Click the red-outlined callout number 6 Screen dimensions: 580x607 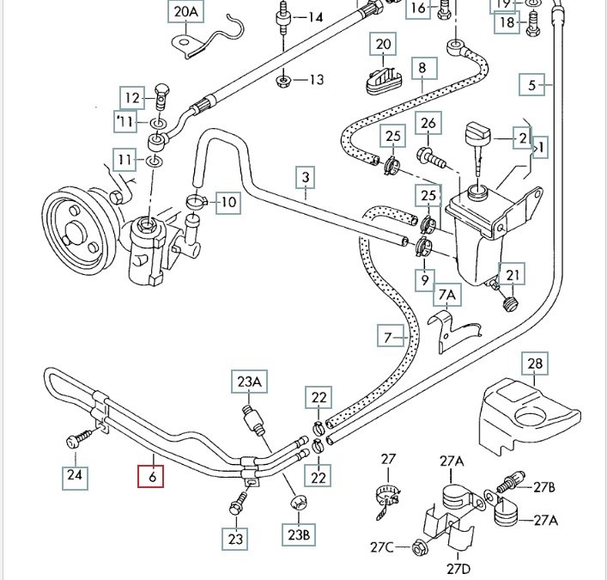click(x=152, y=475)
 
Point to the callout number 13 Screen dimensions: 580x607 click(x=316, y=80)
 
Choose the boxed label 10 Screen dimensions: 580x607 click(x=228, y=203)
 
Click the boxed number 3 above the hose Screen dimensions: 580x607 click(x=305, y=179)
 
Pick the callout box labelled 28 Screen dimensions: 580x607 click(x=535, y=365)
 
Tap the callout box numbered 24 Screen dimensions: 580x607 click(x=76, y=476)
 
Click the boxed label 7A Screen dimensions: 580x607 click(x=447, y=297)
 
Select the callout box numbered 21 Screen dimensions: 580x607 click(x=513, y=275)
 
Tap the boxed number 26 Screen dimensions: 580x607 click(x=428, y=125)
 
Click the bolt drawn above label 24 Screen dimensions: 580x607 click(x=76, y=440)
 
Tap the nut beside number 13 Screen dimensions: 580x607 click(x=282, y=82)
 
